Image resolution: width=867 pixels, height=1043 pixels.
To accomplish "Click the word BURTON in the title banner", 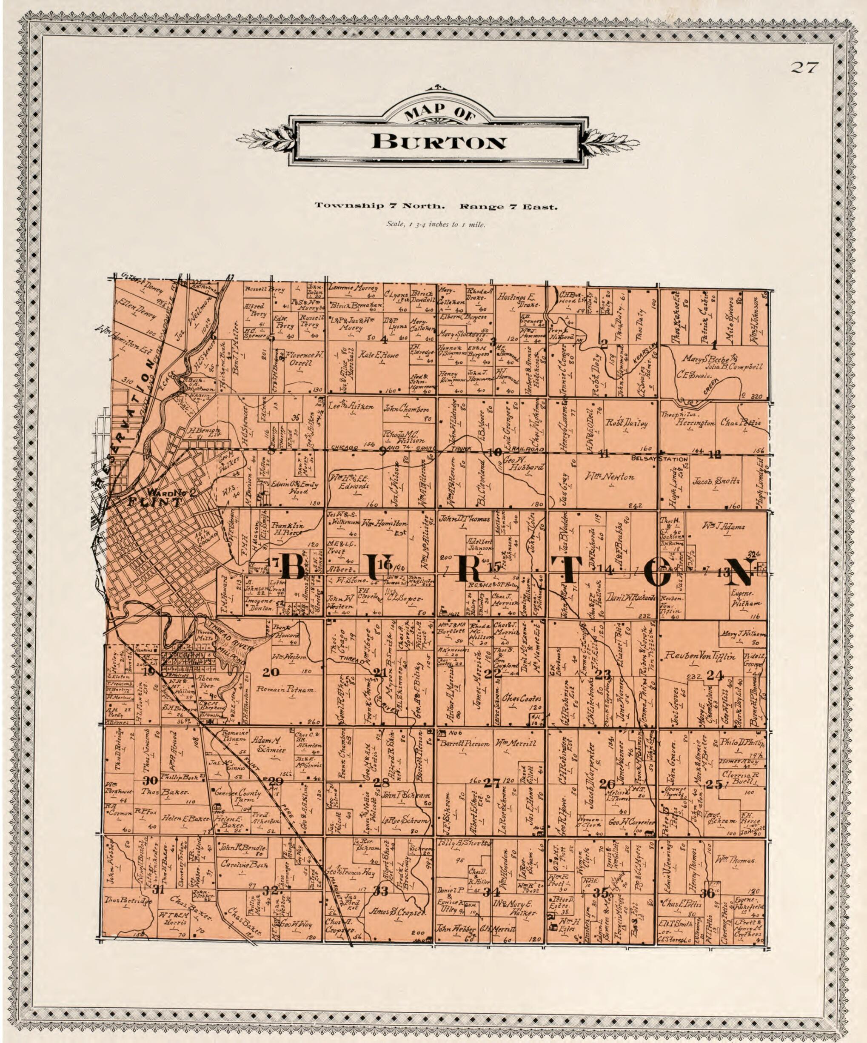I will click(x=439, y=142).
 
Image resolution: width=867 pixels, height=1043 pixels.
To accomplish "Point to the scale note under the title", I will click(x=436, y=224).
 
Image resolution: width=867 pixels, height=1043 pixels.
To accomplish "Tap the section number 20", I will click(x=271, y=673).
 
